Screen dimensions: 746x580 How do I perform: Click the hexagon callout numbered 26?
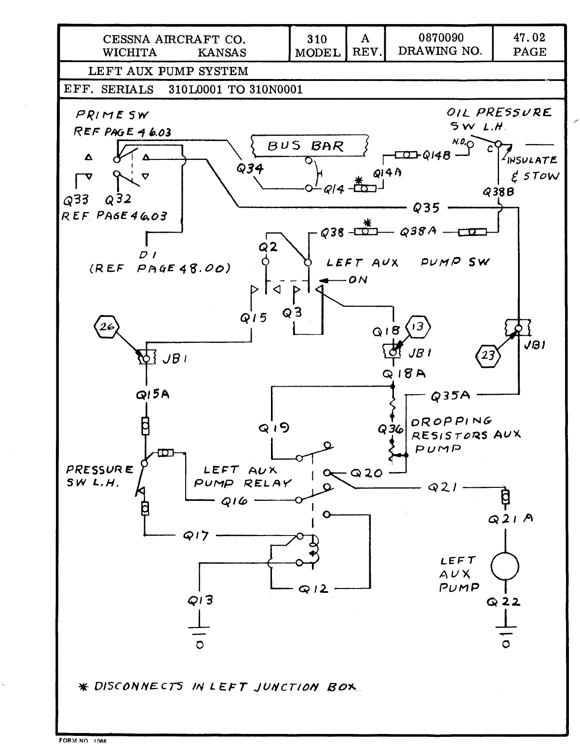point(105,327)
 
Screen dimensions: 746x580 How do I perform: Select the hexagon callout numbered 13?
point(418,327)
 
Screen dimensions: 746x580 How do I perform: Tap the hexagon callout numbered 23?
point(488,356)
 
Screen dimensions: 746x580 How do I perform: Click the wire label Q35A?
point(450,396)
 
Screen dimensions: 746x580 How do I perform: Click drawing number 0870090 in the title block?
point(441,38)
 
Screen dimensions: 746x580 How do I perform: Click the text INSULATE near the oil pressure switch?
point(532,160)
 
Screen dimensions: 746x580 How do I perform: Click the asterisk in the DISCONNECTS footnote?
point(82,687)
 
